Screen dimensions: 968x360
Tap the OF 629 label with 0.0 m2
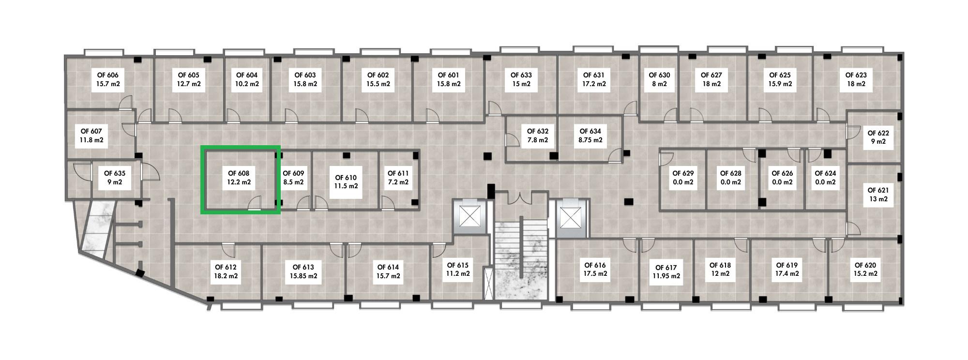click(683, 178)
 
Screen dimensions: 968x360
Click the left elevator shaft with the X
click(468, 216)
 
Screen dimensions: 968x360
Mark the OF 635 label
click(115, 178)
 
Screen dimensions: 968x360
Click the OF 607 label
click(91, 135)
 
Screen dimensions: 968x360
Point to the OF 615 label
click(458, 270)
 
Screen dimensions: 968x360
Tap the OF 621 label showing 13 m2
click(878, 195)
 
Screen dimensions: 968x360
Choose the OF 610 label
click(346, 181)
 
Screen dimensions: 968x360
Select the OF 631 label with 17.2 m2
click(594, 79)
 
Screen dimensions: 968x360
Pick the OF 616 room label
click(595, 270)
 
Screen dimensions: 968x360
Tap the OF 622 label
click(878, 137)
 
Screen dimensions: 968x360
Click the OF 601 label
click(448, 79)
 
